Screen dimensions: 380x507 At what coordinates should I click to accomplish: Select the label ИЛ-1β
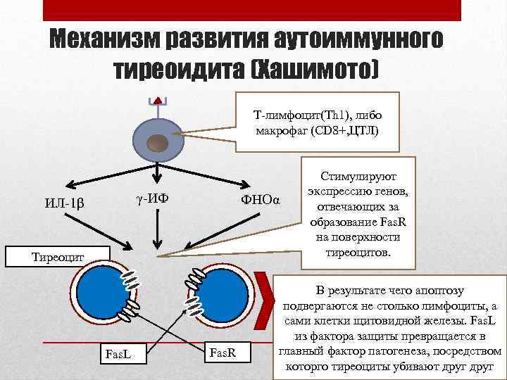[64, 204]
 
